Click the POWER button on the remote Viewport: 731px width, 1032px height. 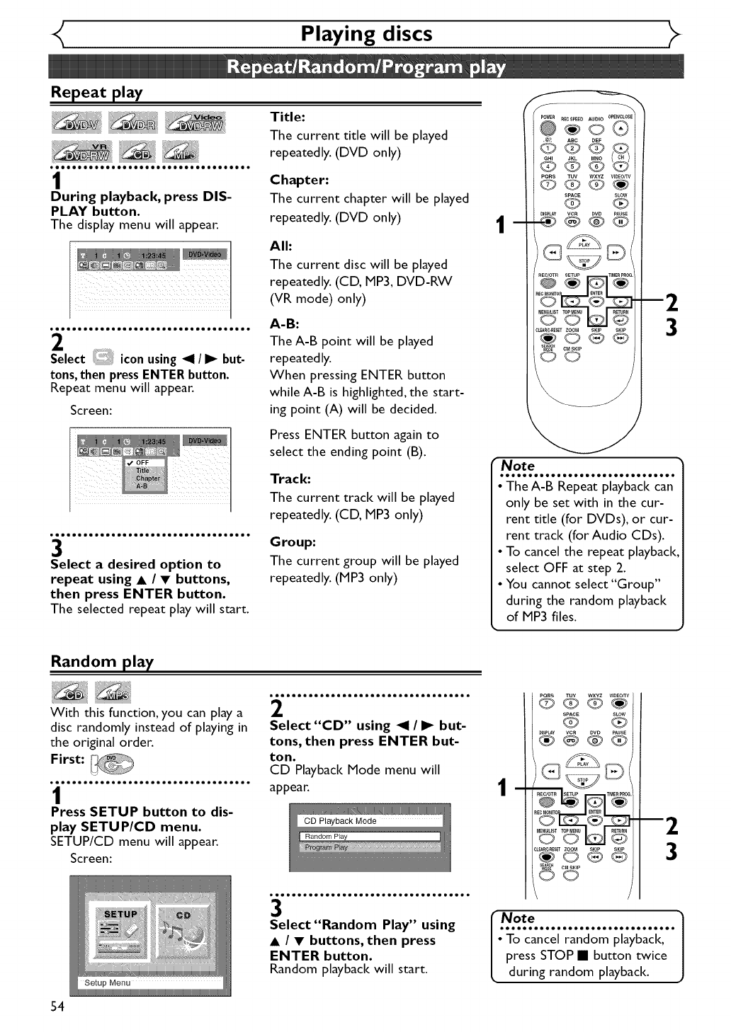coord(547,128)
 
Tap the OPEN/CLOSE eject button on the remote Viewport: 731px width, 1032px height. coord(620,128)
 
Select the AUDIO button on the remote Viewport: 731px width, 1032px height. coord(596,128)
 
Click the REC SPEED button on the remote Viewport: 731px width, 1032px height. coord(572,128)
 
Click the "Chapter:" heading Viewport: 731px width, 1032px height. coord(299,180)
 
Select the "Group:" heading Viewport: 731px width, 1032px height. coord(293,542)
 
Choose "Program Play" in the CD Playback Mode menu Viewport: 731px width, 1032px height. coord(327,847)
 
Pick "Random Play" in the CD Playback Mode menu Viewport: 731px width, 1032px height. coord(327,837)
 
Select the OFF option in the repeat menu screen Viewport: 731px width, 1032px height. coord(144,462)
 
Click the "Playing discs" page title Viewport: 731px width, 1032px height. coord(366,34)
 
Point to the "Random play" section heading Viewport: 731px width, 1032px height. coord(102,661)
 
